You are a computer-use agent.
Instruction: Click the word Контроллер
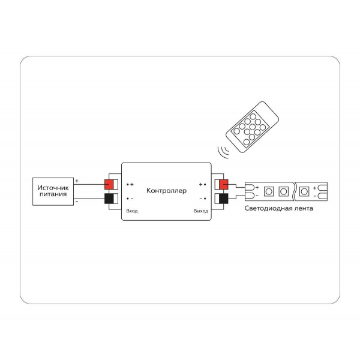coord(166,190)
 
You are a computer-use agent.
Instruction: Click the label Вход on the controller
coord(131,211)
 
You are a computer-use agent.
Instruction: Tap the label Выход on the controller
coord(200,211)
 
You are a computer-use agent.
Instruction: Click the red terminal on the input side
coord(110,184)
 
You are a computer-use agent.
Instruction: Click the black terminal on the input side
coord(110,199)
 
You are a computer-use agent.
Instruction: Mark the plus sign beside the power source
coord(77,180)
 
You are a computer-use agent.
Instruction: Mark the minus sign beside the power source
coord(77,201)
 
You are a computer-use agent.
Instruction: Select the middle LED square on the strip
coord(283,191)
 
